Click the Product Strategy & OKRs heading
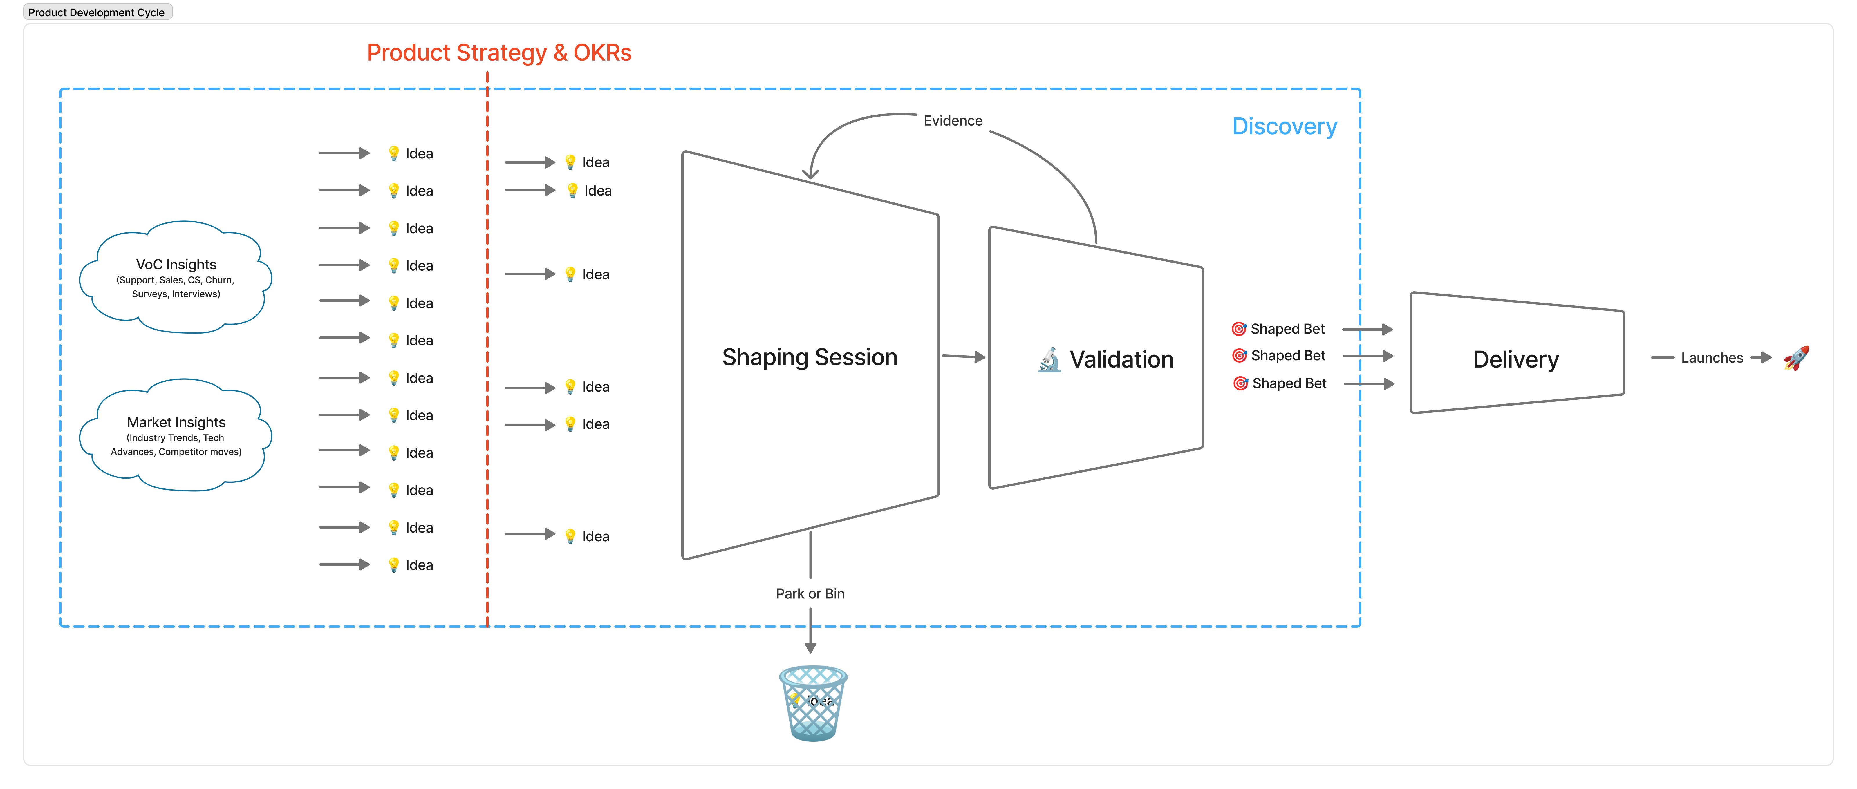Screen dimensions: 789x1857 499,53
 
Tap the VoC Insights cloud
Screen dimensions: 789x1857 176,277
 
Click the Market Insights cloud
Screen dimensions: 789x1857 176,435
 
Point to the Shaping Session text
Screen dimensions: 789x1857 810,357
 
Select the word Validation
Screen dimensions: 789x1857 1121,360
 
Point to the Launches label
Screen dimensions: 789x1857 1711,358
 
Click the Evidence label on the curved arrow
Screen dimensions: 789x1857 952,121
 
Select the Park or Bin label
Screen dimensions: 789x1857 810,594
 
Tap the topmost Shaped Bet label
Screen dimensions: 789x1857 1287,329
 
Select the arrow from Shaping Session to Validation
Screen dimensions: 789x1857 963,356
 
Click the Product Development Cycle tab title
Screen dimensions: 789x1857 97,12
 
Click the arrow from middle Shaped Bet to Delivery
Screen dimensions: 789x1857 1368,356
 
